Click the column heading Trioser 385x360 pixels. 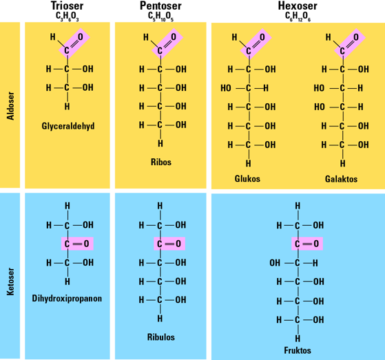[x=67, y=6]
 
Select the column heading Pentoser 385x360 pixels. [x=160, y=6]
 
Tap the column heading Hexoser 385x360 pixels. [x=298, y=6]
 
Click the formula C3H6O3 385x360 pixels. [x=67, y=17]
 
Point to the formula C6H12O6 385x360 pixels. [x=298, y=17]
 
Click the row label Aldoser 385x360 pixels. [x=10, y=106]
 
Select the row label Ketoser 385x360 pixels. [x=10, y=282]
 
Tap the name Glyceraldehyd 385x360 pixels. [x=68, y=126]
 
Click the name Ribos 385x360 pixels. [x=161, y=162]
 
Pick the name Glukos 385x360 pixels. [x=247, y=178]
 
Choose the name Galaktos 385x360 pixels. [x=341, y=179]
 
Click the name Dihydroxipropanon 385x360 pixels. [x=67, y=299]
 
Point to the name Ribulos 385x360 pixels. [x=161, y=337]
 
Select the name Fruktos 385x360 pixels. [x=298, y=350]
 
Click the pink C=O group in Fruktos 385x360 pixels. [x=307, y=244]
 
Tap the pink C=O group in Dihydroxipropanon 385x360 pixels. [x=77, y=244]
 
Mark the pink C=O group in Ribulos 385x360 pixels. [x=169, y=244]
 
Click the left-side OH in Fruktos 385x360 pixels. [x=275, y=263]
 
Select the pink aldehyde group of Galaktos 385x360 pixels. [x=350, y=43]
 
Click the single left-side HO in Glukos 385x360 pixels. [x=226, y=88]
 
